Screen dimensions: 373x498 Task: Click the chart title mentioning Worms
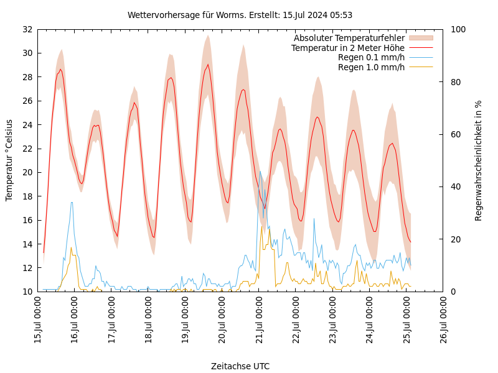pos(240,15)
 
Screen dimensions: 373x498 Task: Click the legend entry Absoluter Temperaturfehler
pos(349,39)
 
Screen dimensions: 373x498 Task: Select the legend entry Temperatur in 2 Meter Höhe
pos(347,48)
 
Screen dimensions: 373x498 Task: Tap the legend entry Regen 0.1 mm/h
pos(371,58)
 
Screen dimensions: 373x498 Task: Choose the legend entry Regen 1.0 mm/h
pos(371,67)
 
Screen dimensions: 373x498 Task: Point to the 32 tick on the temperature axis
pos(27,29)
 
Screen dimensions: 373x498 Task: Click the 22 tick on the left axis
pos(27,149)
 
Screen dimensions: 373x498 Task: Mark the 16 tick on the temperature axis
pos(27,220)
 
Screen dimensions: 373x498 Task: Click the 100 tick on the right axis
pos(458,29)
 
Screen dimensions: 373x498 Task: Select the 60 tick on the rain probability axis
pos(456,134)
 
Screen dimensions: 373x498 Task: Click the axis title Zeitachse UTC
pos(240,366)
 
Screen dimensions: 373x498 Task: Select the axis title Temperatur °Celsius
pos(9,160)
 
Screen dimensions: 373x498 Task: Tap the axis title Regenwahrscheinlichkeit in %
pos(479,160)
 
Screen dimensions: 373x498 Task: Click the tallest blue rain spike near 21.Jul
pos(260,172)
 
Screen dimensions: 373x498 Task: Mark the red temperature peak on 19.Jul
pos(208,65)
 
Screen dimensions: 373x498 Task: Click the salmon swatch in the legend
pos(420,39)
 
